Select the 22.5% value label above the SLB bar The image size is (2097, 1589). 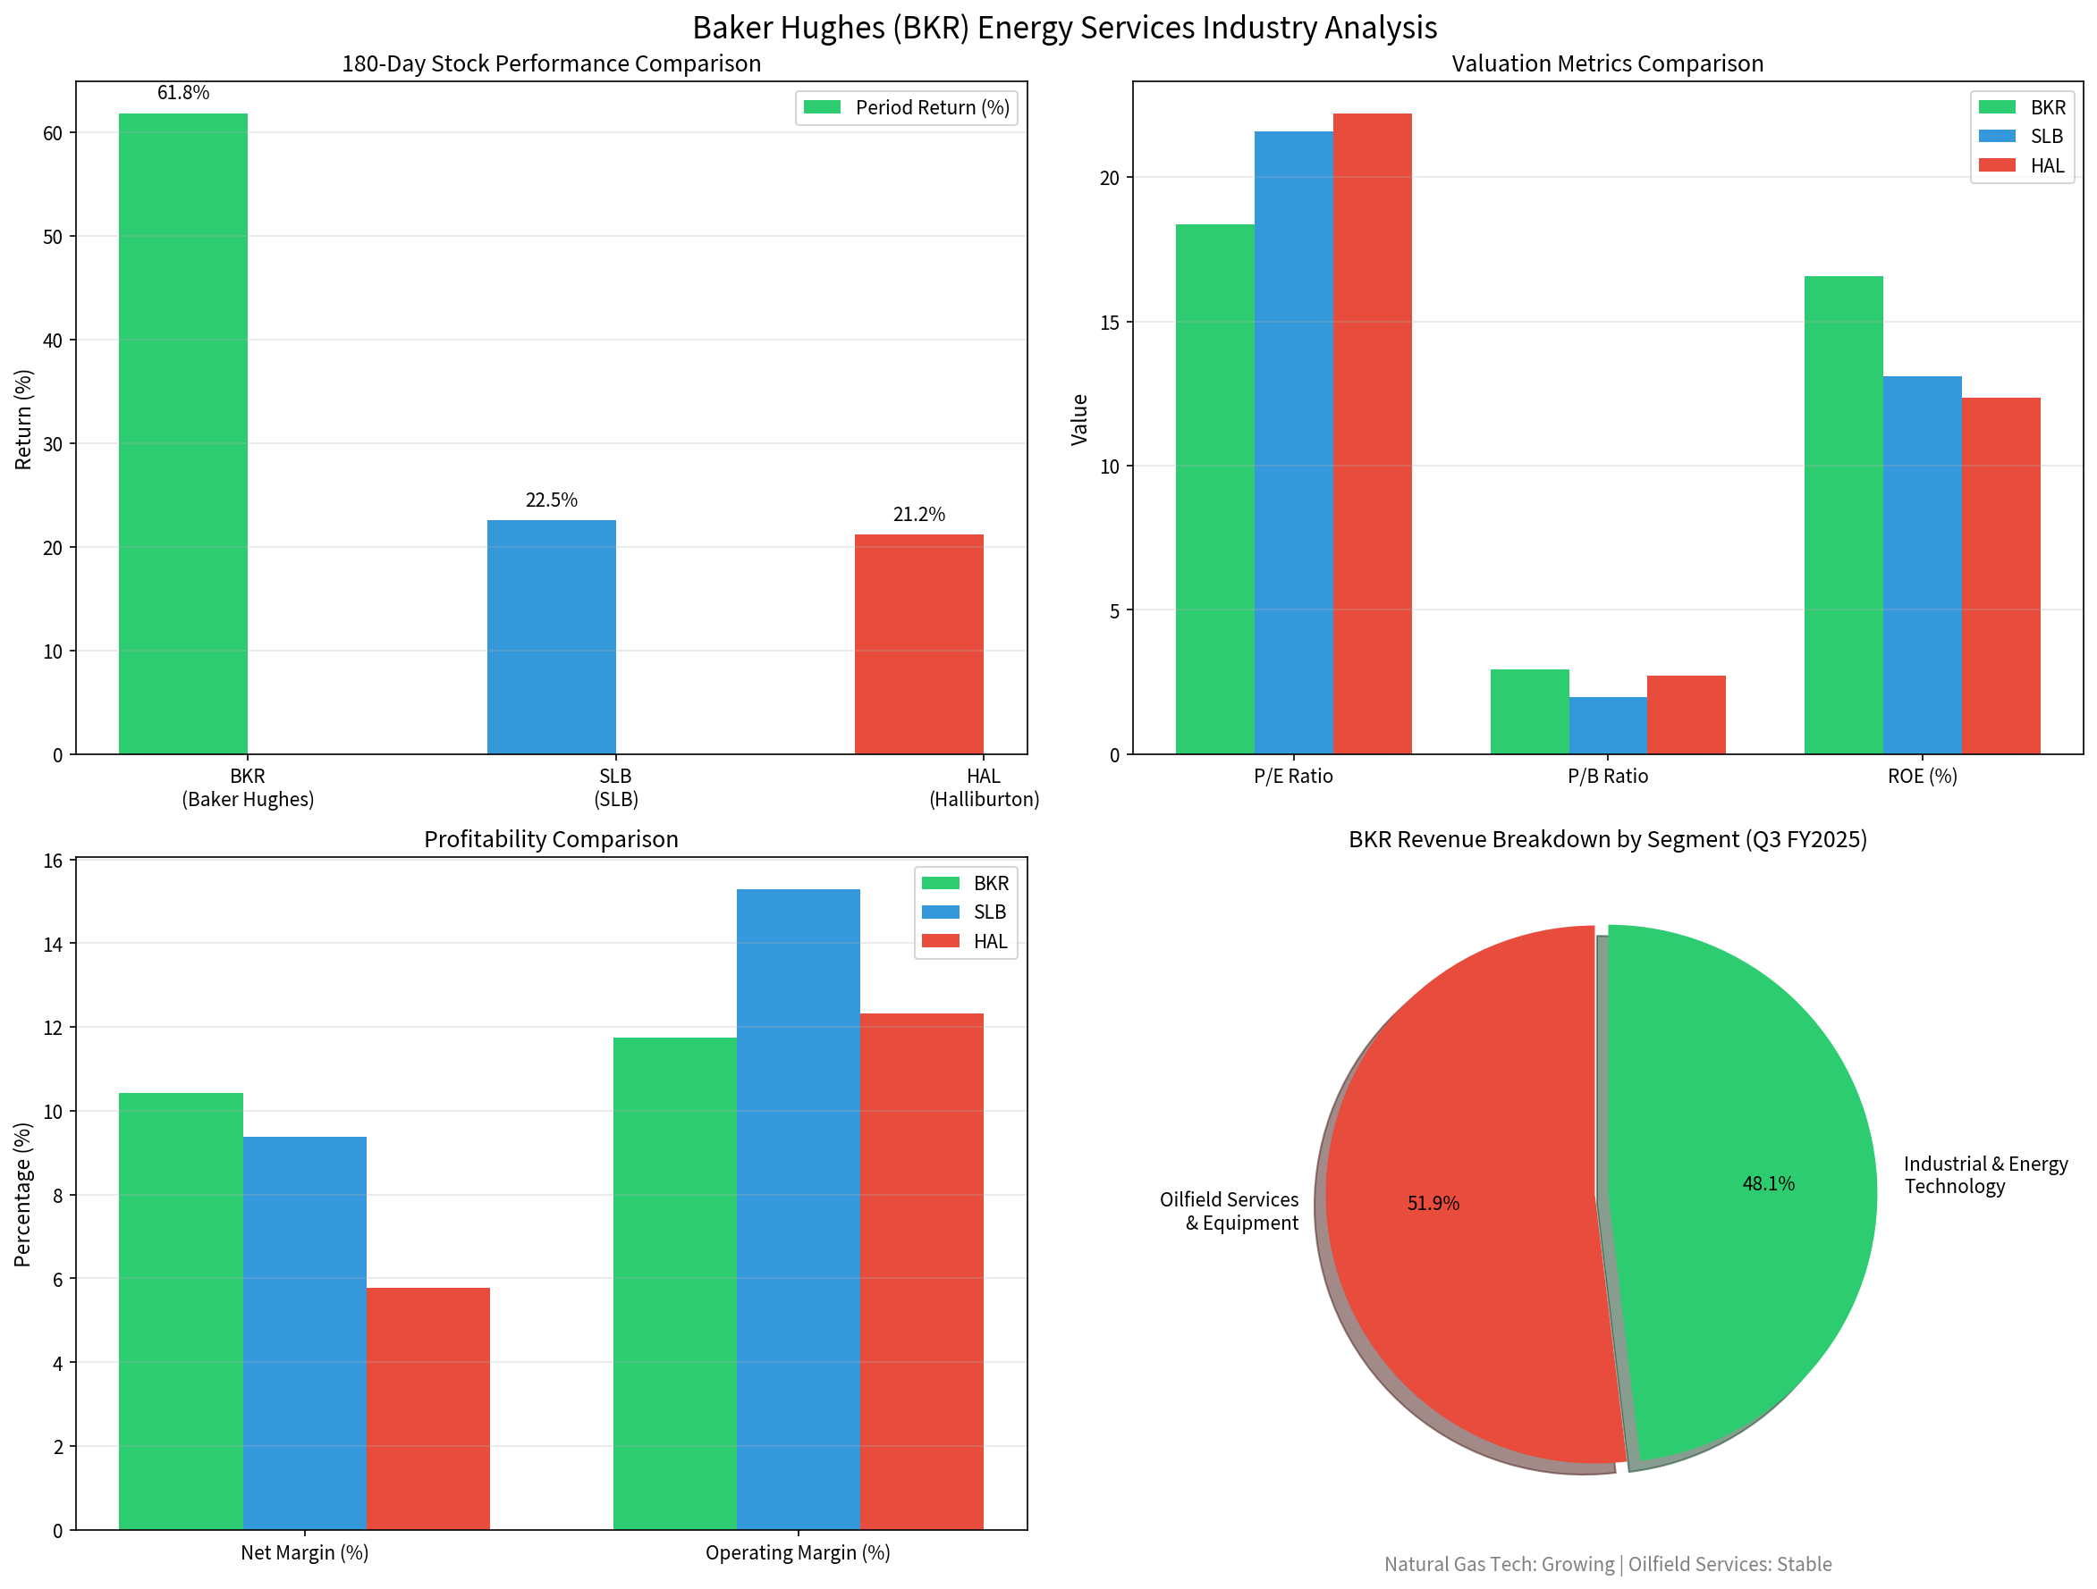pyautogui.click(x=551, y=500)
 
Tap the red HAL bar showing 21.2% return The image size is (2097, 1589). pyautogui.click(x=918, y=644)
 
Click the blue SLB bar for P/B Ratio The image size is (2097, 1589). pyautogui.click(x=1608, y=726)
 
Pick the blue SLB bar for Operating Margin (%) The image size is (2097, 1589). pyautogui.click(x=799, y=1209)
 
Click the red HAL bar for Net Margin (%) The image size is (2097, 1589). pyautogui.click(x=428, y=1408)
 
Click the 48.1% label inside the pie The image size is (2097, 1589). pyautogui.click(x=1768, y=1183)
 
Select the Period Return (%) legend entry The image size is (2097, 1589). pyautogui.click(x=906, y=108)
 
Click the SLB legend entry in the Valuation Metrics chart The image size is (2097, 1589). pyautogui.click(x=2021, y=137)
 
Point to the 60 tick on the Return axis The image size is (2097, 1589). pyautogui.click(x=53, y=133)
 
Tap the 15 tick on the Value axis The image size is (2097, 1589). pyautogui.click(x=1109, y=322)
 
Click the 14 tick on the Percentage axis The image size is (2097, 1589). pyautogui.click(x=53, y=944)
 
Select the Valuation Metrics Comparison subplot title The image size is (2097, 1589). pyautogui.click(x=1607, y=63)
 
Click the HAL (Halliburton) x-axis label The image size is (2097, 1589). pyautogui.click(x=984, y=787)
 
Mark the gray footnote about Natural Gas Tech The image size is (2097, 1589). pyautogui.click(x=1607, y=1564)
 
